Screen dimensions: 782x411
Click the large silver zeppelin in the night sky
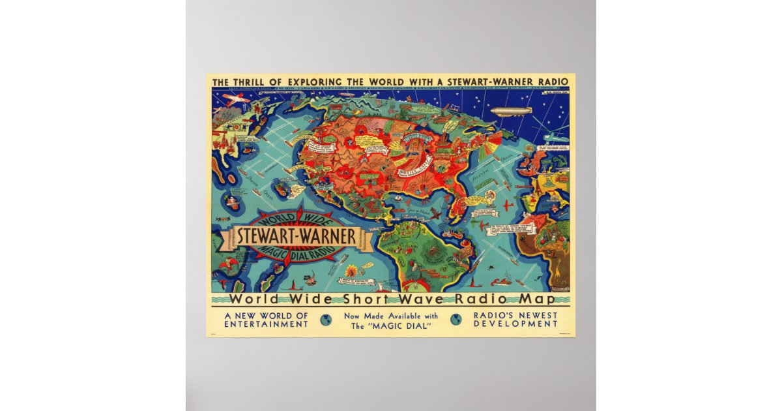click(510, 112)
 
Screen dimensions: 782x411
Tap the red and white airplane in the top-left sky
click(233, 99)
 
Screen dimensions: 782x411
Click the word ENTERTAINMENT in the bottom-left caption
click(265, 324)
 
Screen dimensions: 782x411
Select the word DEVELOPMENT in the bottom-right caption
click(517, 324)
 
